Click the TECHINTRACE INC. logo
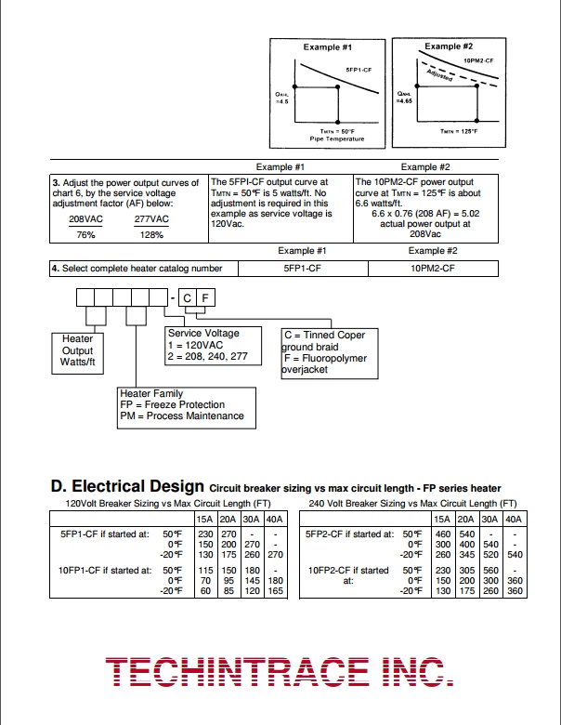280,671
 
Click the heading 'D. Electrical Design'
126,486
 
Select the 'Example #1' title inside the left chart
327,46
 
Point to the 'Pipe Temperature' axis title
336,139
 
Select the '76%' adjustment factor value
85,235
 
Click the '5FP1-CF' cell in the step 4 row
303,268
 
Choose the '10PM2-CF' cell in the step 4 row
433,268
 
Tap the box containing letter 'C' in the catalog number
186,297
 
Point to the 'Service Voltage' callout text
202,333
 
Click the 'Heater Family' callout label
151,394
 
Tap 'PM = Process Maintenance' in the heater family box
182,415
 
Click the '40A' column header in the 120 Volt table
274,519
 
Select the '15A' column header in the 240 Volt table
442,519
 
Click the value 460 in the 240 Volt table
442,534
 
